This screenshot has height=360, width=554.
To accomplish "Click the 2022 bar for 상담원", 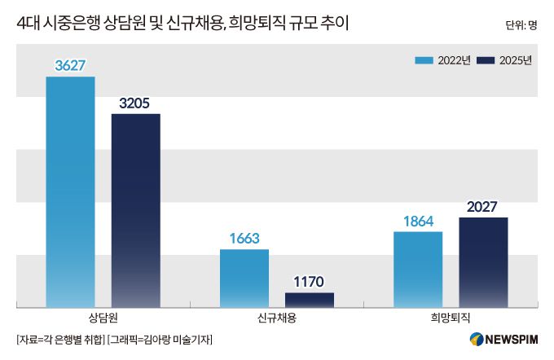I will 70,191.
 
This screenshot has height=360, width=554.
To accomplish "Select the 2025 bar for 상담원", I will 135,210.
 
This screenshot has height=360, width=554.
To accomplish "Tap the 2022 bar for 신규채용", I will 244,278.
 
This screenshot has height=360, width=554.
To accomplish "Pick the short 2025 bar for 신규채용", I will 310,299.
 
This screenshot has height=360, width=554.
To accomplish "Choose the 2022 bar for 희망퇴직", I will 418,269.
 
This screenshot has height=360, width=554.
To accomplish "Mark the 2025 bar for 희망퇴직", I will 483,261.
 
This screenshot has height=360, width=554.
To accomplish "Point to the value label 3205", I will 135,103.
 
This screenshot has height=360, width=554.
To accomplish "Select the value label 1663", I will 244,239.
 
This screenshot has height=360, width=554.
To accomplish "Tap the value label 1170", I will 310,282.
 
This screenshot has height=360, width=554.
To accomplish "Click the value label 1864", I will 418,222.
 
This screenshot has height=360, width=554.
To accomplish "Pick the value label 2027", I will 483,207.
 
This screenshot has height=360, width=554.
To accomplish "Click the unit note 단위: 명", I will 521,24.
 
